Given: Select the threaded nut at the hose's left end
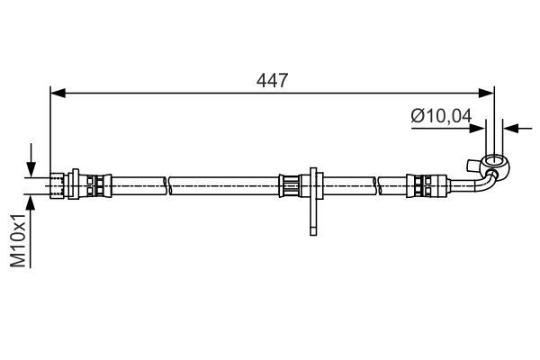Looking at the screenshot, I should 61,184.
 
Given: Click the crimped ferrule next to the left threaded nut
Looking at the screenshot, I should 94,184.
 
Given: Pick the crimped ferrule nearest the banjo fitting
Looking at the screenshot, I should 422,184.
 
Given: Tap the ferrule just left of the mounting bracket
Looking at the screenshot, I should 291,184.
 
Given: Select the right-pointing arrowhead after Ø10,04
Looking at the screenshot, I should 479,129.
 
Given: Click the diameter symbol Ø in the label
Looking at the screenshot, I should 417,116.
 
